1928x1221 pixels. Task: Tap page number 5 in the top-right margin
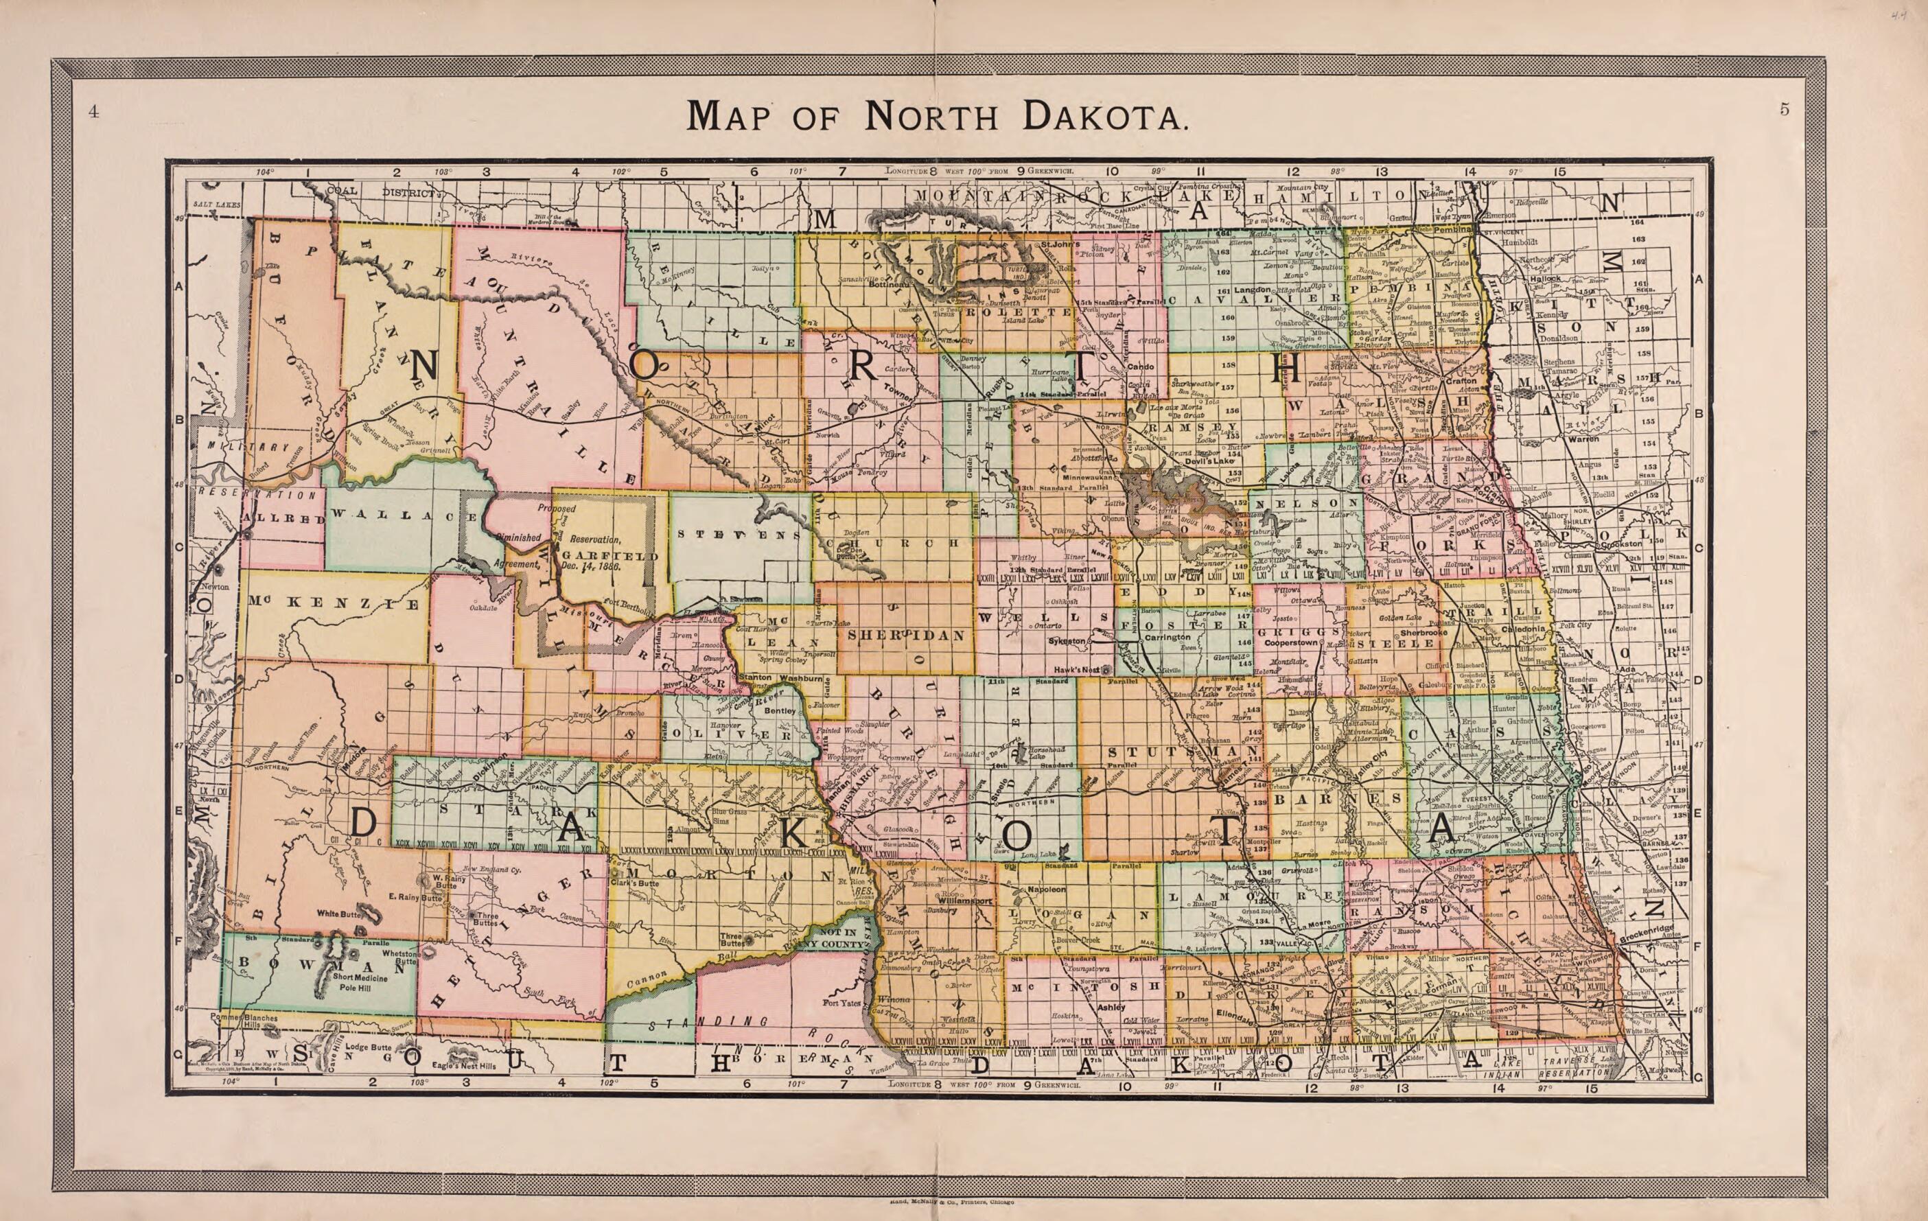click(1785, 111)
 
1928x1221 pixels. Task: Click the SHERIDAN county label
click(905, 634)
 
